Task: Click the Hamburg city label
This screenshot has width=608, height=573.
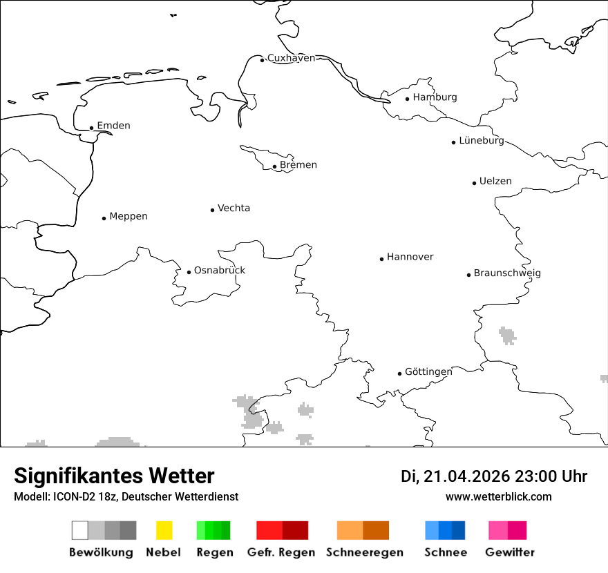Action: (435, 97)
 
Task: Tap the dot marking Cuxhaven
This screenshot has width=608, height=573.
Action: (262, 60)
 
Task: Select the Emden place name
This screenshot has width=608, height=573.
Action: (113, 126)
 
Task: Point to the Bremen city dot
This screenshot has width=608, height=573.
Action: (274, 166)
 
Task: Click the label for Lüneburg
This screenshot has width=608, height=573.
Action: (482, 140)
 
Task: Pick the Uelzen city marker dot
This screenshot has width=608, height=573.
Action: (474, 183)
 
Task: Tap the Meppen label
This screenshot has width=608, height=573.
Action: (129, 216)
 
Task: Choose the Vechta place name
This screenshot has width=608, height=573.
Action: (234, 208)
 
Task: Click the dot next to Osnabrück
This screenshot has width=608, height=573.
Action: (189, 272)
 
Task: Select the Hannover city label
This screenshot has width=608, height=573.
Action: (410, 257)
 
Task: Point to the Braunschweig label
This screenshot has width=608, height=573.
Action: (507, 273)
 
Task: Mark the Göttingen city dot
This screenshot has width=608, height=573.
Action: (399, 373)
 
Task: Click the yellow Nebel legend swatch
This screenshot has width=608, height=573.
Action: (164, 530)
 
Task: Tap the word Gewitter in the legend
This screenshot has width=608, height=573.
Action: (510, 552)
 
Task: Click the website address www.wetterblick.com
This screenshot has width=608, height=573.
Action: (498, 497)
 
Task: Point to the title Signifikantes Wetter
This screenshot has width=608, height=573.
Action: (114, 476)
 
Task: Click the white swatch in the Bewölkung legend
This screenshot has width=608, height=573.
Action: (79, 530)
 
